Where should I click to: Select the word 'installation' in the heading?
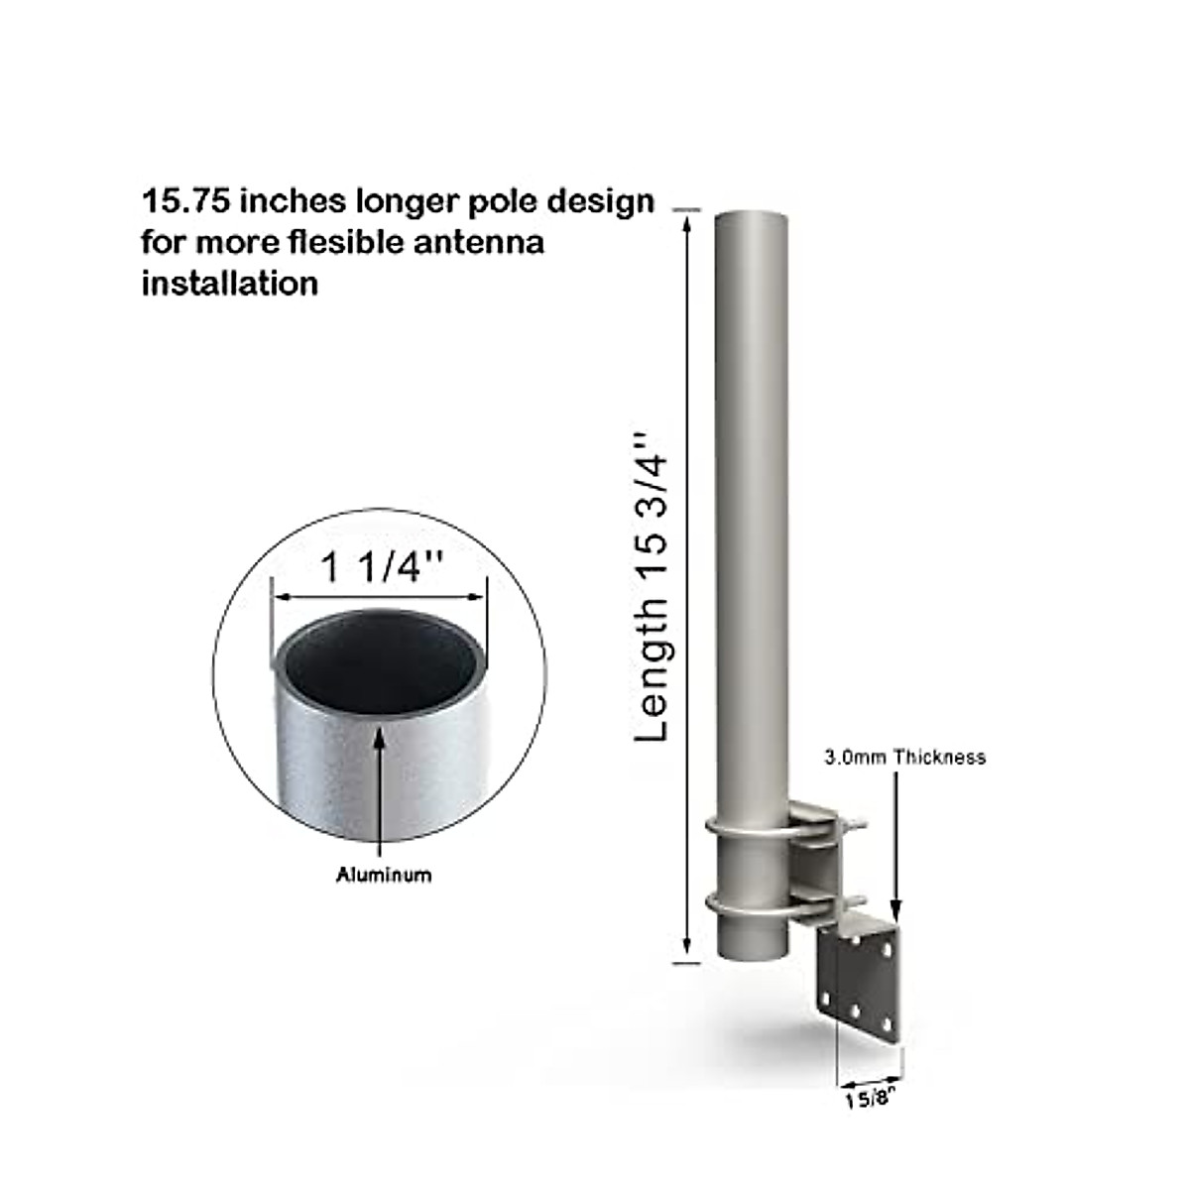click(x=230, y=284)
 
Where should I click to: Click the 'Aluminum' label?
click(x=384, y=875)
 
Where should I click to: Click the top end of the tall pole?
click(x=751, y=215)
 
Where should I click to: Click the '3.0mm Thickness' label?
click(x=905, y=758)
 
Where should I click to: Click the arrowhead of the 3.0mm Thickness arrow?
click(x=896, y=914)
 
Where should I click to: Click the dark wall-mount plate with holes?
click(x=859, y=977)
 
